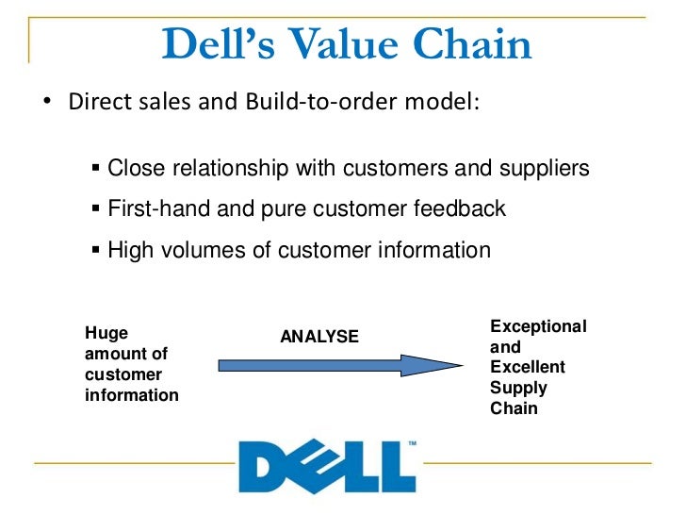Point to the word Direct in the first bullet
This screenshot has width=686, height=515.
pos(97,101)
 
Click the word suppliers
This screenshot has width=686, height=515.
pos(542,169)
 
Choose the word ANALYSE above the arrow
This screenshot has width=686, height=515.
pos(319,336)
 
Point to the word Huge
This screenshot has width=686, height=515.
pos(106,332)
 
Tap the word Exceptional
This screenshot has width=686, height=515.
pos(538,326)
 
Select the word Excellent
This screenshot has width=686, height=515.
pos(528,367)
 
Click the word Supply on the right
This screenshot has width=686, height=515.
pos(518,388)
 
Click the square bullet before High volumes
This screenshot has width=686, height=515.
pos(96,250)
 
